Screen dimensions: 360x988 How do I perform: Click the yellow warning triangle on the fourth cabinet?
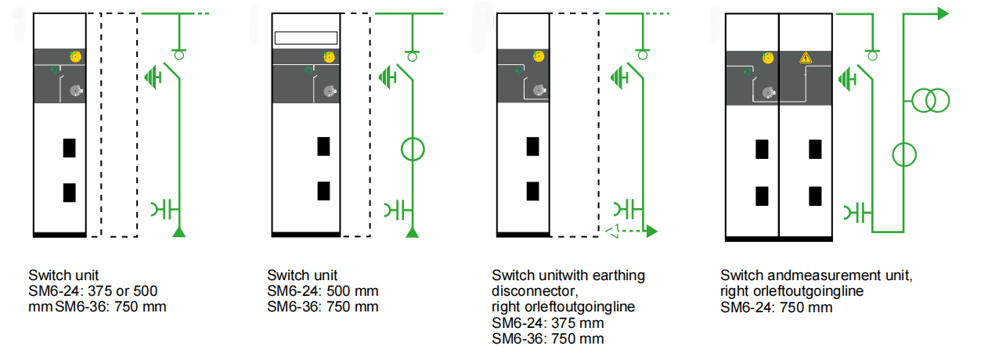pos(805,58)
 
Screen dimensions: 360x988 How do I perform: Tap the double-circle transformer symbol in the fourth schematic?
pos(929,99)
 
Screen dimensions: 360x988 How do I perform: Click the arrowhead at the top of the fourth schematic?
pos(943,13)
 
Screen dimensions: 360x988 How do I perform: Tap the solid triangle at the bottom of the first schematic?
pos(179,232)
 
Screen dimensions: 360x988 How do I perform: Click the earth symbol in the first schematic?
pos(153,76)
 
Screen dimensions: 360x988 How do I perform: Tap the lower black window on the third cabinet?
pos(532,190)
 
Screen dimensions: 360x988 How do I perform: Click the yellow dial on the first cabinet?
pos(76,56)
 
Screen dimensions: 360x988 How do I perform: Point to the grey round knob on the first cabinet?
pos(75,91)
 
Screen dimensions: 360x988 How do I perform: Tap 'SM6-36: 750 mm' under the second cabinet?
pos(323,307)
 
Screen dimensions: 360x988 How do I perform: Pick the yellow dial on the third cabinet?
pos(538,56)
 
